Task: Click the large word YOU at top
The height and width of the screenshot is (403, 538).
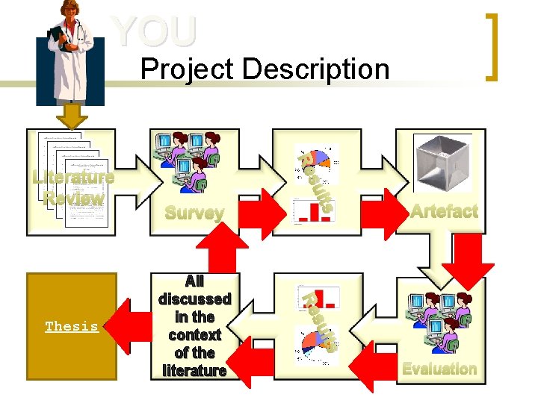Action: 155,31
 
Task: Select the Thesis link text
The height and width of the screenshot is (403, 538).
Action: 72,327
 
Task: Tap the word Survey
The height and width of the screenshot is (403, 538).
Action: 194,213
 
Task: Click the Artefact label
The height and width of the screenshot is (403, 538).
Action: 443,211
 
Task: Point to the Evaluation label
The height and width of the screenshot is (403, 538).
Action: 439,368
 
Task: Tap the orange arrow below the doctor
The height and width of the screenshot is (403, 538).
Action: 72,115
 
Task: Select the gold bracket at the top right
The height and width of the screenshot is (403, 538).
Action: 492,46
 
